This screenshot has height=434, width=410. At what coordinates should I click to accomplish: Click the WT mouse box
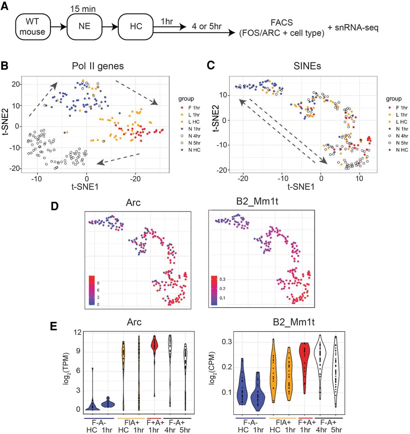click(33, 27)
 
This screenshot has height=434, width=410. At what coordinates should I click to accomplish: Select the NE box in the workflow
click(84, 27)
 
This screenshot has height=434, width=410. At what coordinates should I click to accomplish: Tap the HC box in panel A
click(136, 27)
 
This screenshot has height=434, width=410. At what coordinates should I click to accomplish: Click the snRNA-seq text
click(353, 28)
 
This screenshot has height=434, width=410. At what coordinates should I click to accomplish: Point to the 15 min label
click(83, 9)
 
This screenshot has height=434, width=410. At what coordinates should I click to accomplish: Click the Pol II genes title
click(98, 66)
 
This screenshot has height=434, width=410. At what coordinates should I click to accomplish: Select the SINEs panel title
click(307, 66)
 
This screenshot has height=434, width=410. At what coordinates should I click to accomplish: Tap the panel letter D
click(55, 206)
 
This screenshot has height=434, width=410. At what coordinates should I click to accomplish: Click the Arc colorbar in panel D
click(92, 290)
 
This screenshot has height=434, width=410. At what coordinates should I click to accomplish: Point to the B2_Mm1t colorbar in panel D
click(214, 290)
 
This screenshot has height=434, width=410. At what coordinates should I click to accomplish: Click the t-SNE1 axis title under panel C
click(301, 187)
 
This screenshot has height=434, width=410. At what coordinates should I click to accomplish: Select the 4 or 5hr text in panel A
click(207, 26)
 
